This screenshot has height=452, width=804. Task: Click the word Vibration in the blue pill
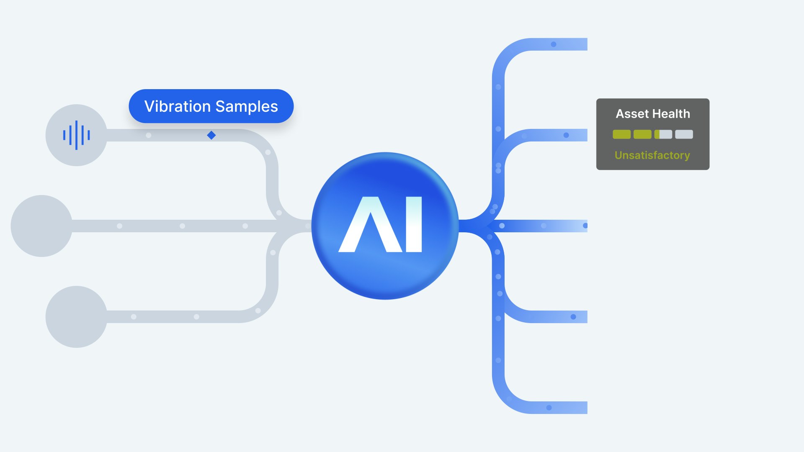click(x=177, y=106)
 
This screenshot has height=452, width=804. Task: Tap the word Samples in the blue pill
click(x=247, y=106)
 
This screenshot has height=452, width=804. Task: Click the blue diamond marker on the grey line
click(x=211, y=135)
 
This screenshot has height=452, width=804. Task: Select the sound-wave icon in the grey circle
click(x=76, y=135)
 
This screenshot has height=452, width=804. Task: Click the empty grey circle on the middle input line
click(x=41, y=226)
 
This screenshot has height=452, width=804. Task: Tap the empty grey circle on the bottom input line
click(x=76, y=317)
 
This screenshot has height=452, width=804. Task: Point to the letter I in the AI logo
click(x=414, y=224)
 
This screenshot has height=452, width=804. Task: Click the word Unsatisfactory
click(x=652, y=155)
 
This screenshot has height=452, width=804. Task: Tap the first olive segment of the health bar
click(x=621, y=134)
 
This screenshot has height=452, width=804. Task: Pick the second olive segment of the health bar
click(x=642, y=134)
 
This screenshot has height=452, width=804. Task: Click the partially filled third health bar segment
click(x=663, y=134)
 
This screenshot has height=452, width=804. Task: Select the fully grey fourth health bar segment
click(x=684, y=134)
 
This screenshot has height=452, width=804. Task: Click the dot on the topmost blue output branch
click(x=554, y=44)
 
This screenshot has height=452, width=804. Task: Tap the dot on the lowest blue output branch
click(x=549, y=408)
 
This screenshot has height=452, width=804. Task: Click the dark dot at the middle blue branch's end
click(x=585, y=226)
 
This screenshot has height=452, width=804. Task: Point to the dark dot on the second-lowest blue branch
click(x=573, y=317)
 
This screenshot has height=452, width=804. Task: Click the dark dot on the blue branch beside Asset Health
click(x=566, y=135)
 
